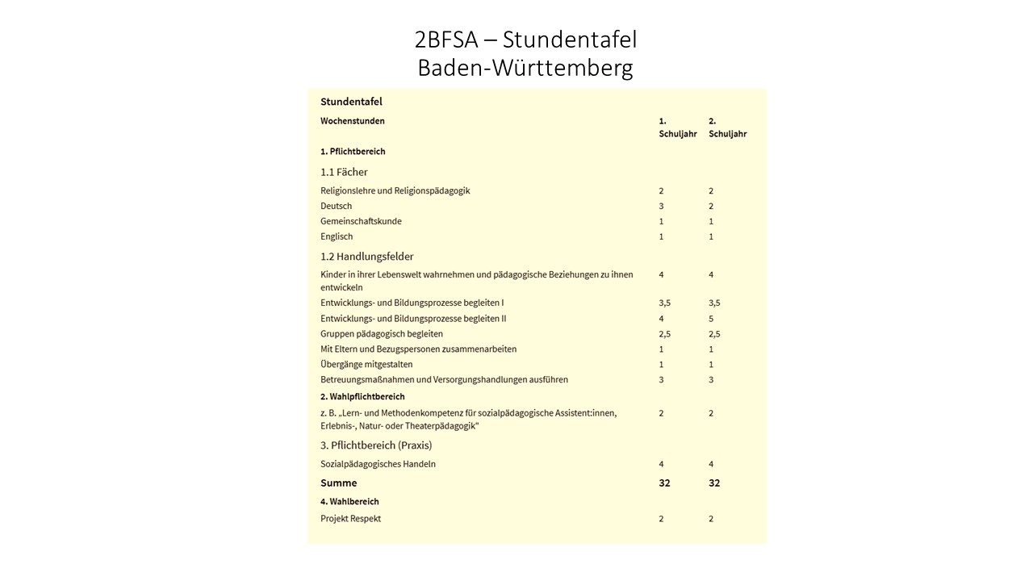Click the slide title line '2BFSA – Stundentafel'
[525, 40]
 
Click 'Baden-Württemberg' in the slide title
[525, 68]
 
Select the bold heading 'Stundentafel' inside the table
[351, 102]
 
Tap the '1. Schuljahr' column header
[677, 127]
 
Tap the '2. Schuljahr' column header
[727, 127]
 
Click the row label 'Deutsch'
[337, 206]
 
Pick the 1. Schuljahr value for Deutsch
[661, 206]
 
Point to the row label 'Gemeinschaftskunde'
[361, 221]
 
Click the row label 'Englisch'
[337, 236]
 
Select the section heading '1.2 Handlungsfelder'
[366, 257]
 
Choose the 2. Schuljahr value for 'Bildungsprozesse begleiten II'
[711, 319]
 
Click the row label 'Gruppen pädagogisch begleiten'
[382, 334]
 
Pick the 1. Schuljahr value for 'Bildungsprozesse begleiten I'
[664, 303]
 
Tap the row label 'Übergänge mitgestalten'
[366, 365]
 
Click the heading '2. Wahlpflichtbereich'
[362, 397]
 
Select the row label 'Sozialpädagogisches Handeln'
[378, 464]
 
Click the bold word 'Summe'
[338, 483]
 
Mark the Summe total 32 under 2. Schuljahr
[714, 483]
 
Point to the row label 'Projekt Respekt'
[350, 519]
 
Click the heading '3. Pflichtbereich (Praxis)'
[376, 445]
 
